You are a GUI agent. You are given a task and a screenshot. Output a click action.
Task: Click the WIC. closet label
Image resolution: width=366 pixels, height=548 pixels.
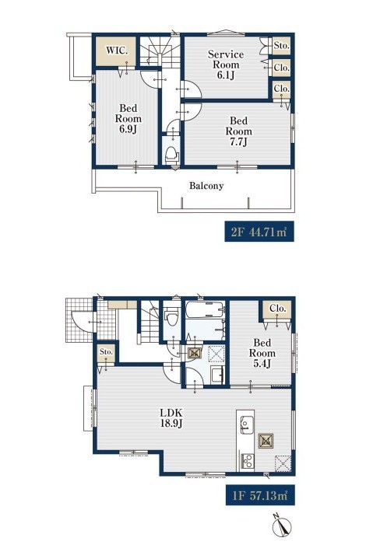point(117,51)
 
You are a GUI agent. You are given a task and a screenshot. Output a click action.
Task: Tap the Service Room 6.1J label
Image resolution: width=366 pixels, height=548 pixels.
point(226,65)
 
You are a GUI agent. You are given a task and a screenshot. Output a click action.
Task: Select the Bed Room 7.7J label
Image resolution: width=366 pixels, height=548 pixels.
point(238,131)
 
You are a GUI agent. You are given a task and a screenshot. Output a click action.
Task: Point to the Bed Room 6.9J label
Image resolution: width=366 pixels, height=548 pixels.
point(128,118)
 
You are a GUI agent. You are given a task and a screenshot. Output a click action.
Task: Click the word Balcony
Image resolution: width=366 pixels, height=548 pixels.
point(206,186)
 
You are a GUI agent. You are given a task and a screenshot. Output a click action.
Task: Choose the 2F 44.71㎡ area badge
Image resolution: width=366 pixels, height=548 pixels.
point(259,232)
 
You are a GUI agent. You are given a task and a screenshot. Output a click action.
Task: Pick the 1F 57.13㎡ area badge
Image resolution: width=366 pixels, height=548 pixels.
point(260,495)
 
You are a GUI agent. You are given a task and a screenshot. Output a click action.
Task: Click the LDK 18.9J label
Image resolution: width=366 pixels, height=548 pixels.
point(171,418)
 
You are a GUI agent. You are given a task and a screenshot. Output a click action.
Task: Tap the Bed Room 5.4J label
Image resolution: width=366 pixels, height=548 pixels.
point(262,353)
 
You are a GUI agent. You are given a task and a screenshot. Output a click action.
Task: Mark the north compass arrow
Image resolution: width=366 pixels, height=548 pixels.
point(282,525)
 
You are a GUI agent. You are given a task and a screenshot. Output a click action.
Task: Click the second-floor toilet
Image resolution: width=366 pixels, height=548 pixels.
point(171,155)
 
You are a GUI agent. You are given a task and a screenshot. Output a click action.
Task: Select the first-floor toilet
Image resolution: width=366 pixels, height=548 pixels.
point(171,316)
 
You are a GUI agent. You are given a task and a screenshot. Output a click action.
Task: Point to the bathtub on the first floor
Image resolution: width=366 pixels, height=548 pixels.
point(205,309)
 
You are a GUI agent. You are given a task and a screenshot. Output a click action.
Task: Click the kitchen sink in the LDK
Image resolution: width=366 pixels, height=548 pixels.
point(247,425)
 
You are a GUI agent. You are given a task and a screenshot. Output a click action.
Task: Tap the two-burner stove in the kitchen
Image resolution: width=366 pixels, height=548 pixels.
point(247,461)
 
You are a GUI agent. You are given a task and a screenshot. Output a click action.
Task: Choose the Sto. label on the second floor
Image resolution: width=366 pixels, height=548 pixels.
point(282,45)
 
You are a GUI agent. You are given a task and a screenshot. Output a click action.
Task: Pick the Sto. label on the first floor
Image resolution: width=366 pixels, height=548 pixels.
point(106,351)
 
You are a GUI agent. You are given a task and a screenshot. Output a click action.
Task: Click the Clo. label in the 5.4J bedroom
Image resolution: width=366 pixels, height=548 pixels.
point(278,309)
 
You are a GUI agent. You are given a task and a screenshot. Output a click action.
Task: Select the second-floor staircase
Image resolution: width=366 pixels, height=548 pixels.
point(160,51)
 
